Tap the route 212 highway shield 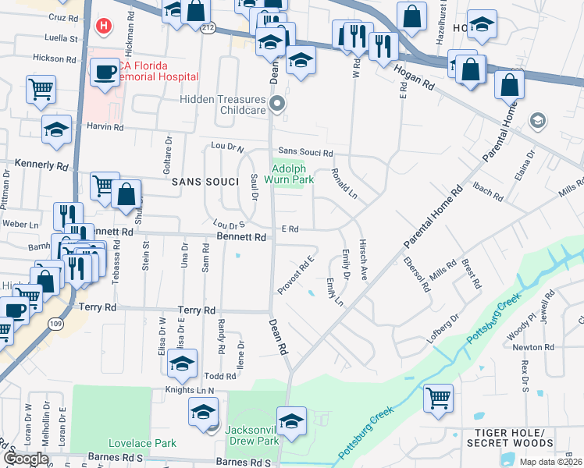(208, 28)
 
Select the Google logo (27, 459)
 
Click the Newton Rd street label (533, 348)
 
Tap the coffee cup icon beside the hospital (104, 74)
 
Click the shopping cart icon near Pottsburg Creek (438, 398)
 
